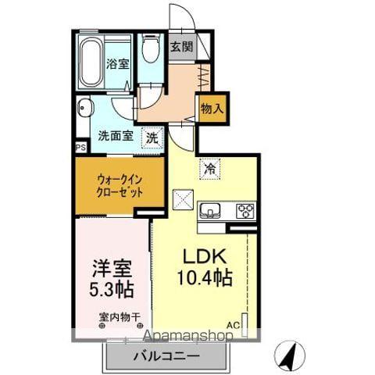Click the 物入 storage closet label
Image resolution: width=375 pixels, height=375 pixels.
(212, 109)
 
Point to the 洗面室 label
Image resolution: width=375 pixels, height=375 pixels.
(114, 135)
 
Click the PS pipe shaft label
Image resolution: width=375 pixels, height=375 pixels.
(80, 146)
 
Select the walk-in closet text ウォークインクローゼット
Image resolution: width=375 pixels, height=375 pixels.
(120, 184)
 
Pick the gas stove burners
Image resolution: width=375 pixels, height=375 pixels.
(245, 210)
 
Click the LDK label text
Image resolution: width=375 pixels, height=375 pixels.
(205, 257)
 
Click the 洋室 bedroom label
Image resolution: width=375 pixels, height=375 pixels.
(110, 267)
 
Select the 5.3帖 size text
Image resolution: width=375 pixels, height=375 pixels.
(110, 290)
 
